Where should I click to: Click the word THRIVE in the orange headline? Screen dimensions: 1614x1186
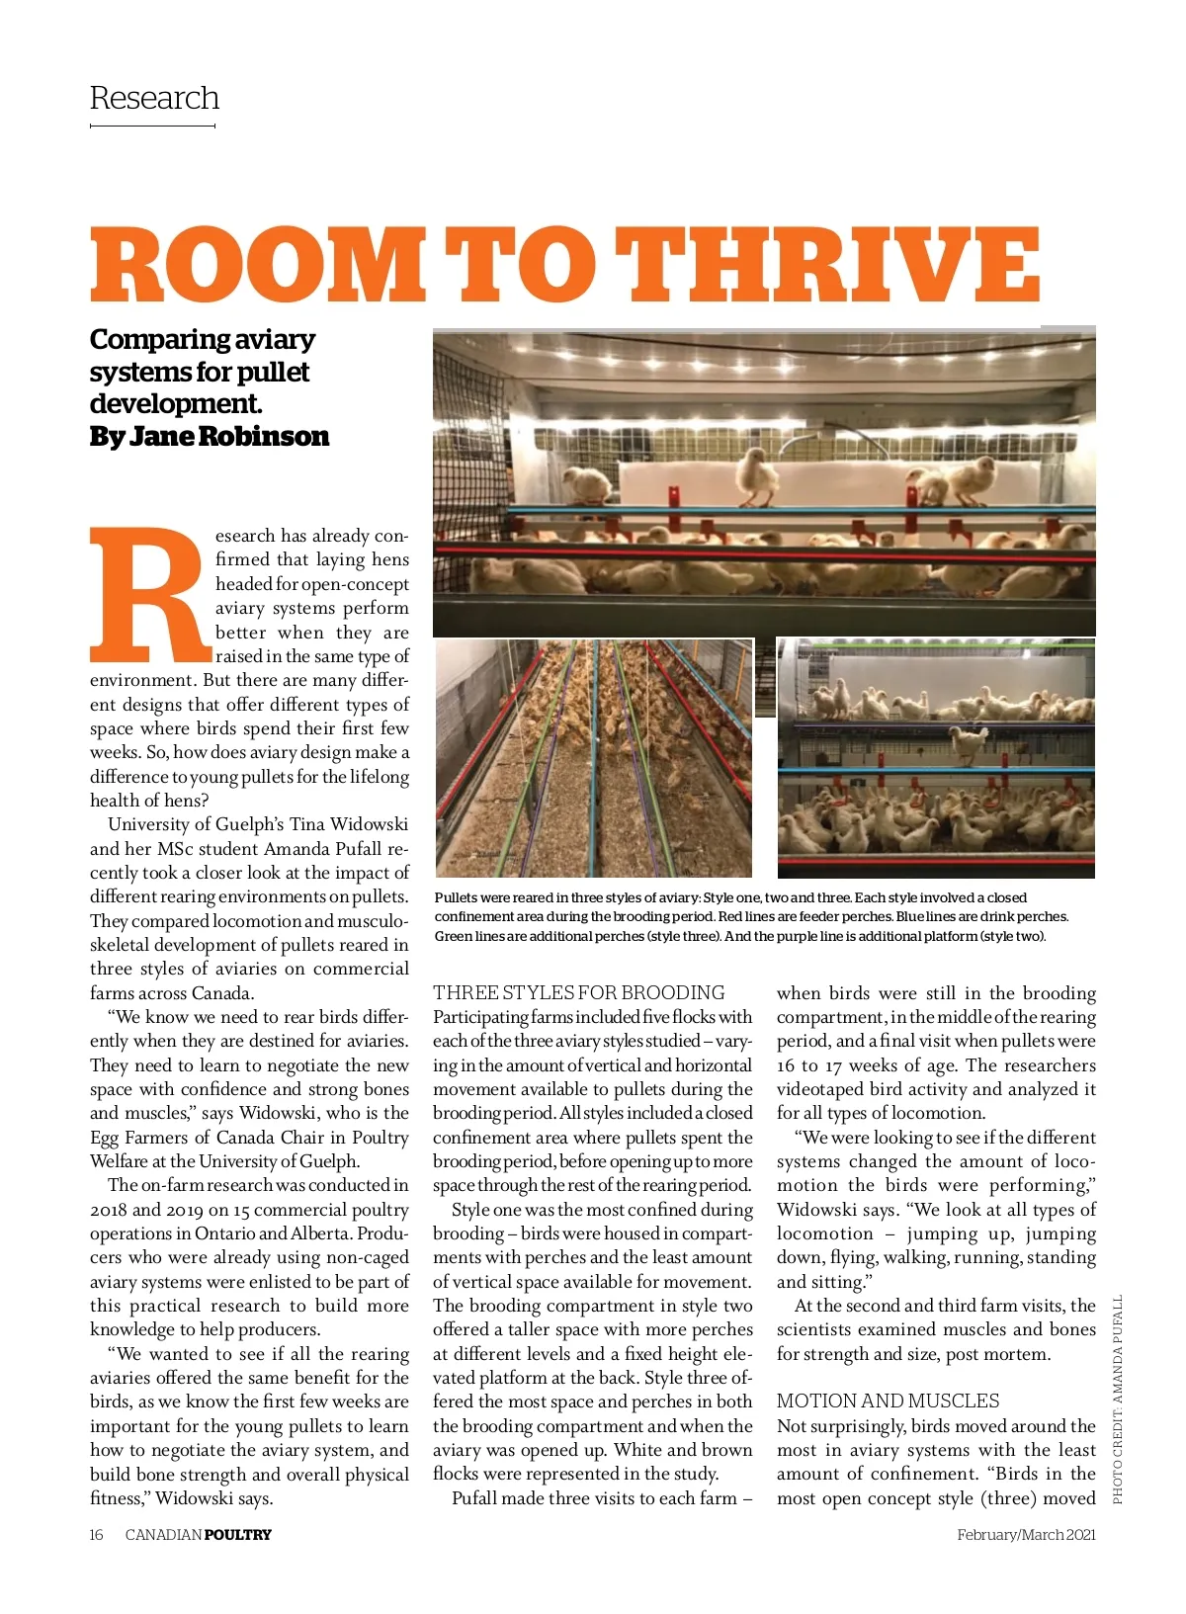pos(832,265)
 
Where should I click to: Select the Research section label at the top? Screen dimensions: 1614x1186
pos(154,98)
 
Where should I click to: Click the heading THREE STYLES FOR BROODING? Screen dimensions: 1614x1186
pos(578,992)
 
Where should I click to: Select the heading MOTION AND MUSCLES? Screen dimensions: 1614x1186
pos(888,1401)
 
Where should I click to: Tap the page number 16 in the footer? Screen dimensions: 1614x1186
pos(96,1535)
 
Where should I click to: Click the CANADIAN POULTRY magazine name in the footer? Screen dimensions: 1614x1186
pos(198,1535)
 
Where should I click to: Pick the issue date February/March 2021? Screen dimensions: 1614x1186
pos(1026,1535)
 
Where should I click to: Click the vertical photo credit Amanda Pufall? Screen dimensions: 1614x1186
pos(1118,1399)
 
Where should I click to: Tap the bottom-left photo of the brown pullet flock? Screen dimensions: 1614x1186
pos(593,758)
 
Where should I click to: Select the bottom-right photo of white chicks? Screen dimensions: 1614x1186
pos(936,758)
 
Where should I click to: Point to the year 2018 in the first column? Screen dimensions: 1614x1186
pos(108,1210)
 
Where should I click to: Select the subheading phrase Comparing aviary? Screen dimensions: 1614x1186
pos(202,339)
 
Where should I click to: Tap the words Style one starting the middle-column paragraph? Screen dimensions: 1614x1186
pos(484,1210)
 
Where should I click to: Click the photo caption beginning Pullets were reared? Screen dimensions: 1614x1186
pos(751,916)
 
